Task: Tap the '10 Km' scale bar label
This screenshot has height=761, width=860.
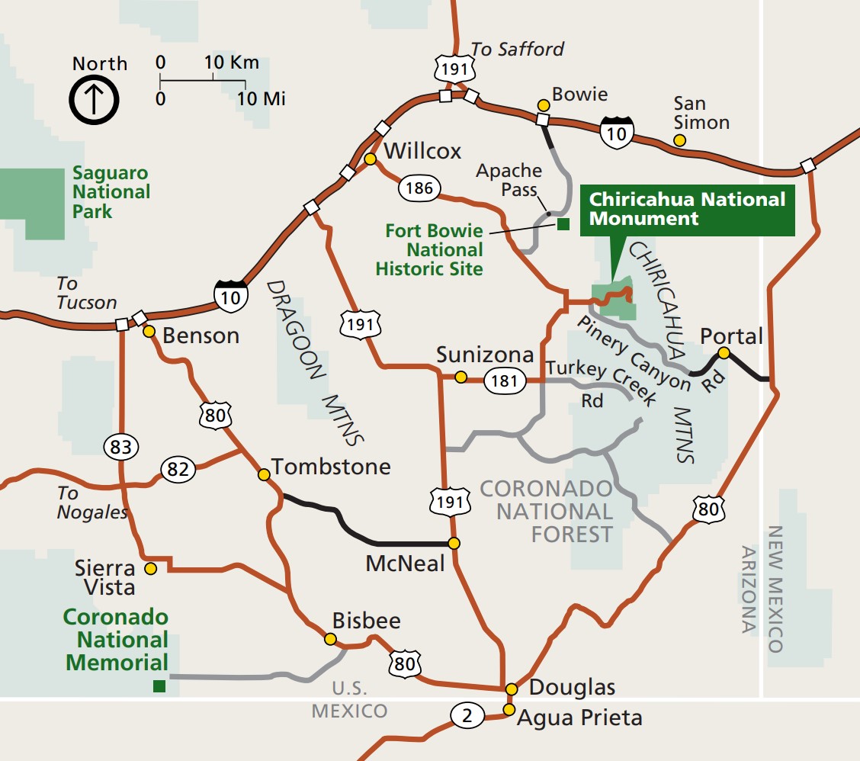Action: [232, 63]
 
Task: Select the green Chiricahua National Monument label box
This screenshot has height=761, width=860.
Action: [687, 210]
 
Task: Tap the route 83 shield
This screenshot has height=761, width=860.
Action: [121, 447]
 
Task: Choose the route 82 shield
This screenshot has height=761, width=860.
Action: [177, 470]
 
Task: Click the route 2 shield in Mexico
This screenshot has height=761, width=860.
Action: [467, 716]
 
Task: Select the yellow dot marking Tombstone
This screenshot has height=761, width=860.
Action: [264, 474]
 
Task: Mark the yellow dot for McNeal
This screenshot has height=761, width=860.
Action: [454, 544]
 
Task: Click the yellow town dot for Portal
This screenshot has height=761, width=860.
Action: [724, 352]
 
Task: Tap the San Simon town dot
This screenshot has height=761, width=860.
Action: [679, 140]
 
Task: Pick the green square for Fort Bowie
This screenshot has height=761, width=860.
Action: [563, 223]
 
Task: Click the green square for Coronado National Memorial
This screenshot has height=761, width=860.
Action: [159, 686]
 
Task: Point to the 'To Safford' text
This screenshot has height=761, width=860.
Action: [517, 50]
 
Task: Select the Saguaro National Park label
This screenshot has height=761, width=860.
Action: [111, 192]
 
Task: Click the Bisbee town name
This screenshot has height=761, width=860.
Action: [366, 621]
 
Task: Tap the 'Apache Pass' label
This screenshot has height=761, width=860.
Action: [509, 180]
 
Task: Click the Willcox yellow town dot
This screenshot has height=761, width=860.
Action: [370, 159]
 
